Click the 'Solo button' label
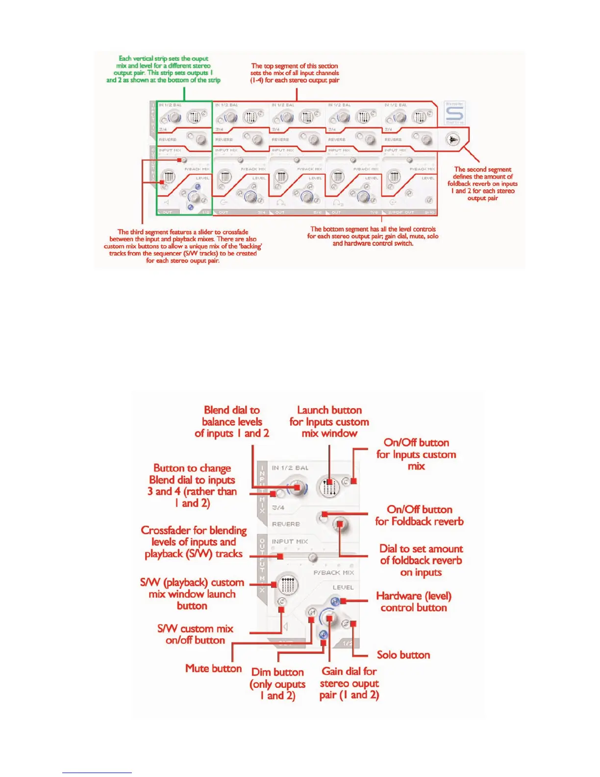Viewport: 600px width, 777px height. [403, 655]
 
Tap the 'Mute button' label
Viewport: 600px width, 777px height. [213, 668]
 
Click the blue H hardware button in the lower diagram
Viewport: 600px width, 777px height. [335, 601]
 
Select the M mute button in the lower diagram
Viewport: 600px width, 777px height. [312, 612]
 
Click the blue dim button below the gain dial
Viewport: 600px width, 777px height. [323, 635]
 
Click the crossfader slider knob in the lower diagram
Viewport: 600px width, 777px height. [312, 558]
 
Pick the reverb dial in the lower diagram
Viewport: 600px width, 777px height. [339, 525]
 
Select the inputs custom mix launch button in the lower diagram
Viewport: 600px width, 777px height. [329, 487]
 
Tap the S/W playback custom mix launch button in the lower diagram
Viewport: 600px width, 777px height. [287, 584]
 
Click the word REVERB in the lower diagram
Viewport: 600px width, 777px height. [286, 524]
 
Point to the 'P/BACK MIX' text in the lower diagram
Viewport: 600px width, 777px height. [333, 572]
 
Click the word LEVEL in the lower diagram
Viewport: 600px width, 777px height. [343, 587]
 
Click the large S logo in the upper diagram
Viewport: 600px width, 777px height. [454, 114]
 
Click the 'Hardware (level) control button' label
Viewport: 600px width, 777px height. [414, 602]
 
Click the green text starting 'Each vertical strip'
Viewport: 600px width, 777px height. [163, 69]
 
